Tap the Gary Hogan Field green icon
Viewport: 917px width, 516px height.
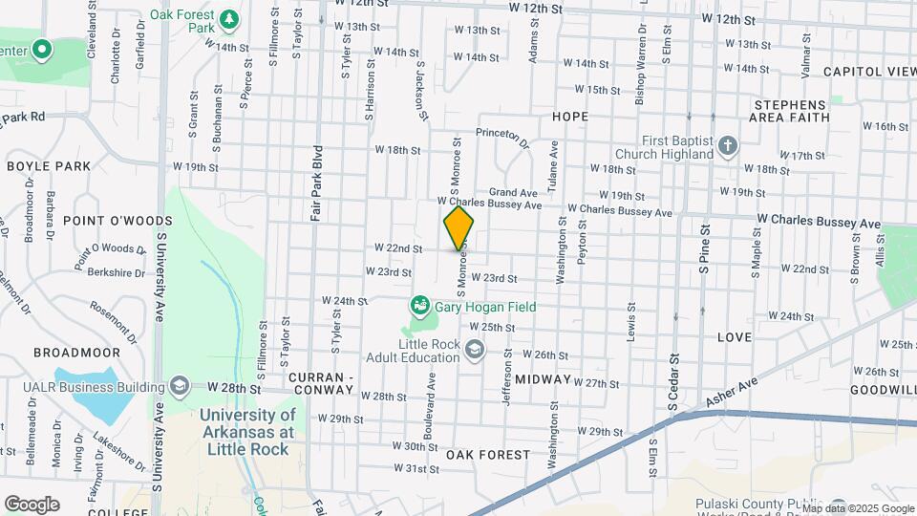pos(418,307)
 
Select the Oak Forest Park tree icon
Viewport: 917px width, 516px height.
pos(228,19)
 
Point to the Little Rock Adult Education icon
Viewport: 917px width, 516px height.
pos(474,351)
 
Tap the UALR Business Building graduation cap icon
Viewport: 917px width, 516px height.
pos(179,385)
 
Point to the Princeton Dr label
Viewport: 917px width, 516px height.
pos(502,139)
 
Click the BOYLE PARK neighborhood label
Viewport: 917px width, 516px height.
pos(49,166)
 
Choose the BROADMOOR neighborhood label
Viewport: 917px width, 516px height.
pos(77,353)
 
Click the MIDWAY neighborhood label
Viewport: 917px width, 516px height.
pos(543,379)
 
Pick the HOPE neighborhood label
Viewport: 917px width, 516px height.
pos(570,117)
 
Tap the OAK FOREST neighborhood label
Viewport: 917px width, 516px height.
pos(488,454)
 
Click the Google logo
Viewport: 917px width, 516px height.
pos(32,504)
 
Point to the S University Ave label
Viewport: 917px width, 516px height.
pos(161,276)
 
